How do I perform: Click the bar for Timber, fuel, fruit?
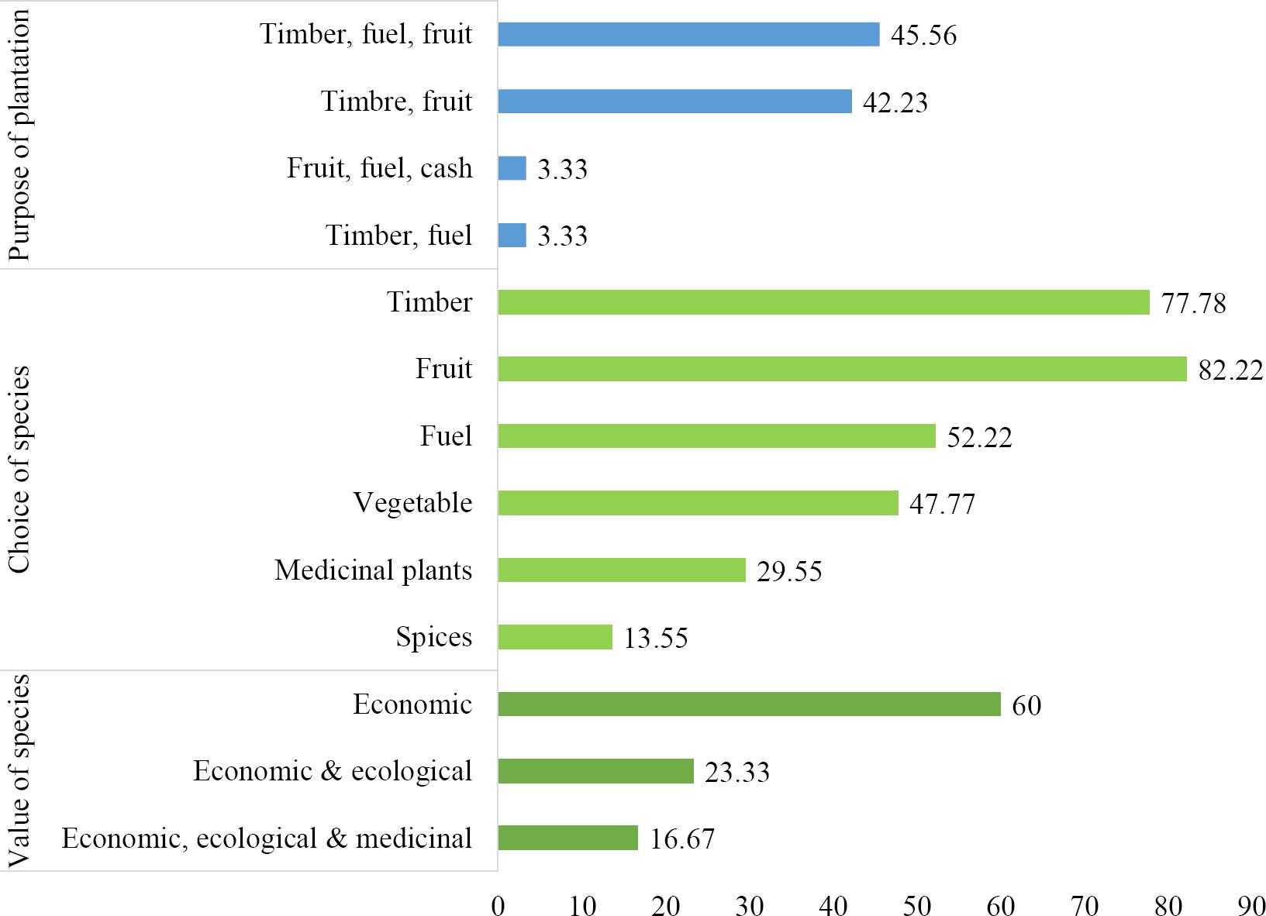point(688,35)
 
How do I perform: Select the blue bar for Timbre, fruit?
point(674,102)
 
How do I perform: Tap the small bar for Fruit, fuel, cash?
point(512,168)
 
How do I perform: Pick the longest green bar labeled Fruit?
point(842,369)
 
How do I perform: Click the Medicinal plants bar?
point(621,570)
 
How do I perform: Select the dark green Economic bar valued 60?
point(749,704)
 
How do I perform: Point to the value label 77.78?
point(1193,303)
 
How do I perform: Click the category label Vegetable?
point(412,503)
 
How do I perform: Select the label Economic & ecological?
point(333,771)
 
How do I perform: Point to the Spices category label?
point(433,637)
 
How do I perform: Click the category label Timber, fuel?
point(398,235)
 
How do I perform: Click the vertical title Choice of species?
point(19,470)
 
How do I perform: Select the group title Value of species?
point(19,771)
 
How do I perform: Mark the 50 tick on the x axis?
point(917,904)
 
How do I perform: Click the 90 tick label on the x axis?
point(1252,904)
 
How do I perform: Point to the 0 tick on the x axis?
point(498,904)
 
